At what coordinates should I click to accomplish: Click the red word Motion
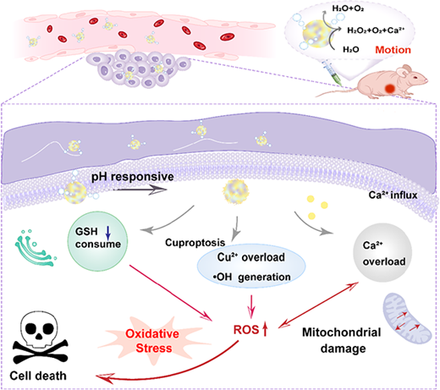[x=393, y=50]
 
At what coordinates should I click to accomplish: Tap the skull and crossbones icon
[x=41, y=338]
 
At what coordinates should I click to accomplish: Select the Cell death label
[x=38, y=376]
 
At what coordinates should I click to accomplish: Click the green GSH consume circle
[x=97, y=241]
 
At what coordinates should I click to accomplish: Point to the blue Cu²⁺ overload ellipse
[x=251, y=266]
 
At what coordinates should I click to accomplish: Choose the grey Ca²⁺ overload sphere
[x=382, y=253]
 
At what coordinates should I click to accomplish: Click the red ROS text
[x=246, y=330]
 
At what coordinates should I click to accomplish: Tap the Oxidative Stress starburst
[x=154, y=341]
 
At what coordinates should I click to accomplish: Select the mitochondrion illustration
[x=406, y=318]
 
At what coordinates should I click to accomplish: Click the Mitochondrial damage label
[x=342, y=340]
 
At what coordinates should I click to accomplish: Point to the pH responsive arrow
[x=140, y=190]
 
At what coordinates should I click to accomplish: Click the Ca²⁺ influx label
[x=393, y=195]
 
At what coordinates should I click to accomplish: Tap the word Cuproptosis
[x=195, y=243]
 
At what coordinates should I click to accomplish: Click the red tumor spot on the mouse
[x=390, y=89]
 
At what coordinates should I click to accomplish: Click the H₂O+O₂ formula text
[x=348, y=8]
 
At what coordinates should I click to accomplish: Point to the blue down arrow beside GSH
[x=108, y=233]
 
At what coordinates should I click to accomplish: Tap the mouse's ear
[x=407, y=69]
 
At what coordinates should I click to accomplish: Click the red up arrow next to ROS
[x=265, y=329]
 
